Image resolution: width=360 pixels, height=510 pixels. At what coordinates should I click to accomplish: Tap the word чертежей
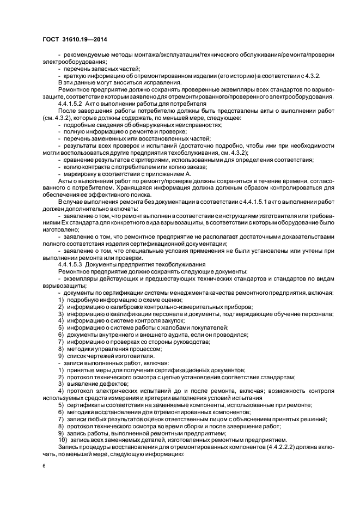tap(93, 356)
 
